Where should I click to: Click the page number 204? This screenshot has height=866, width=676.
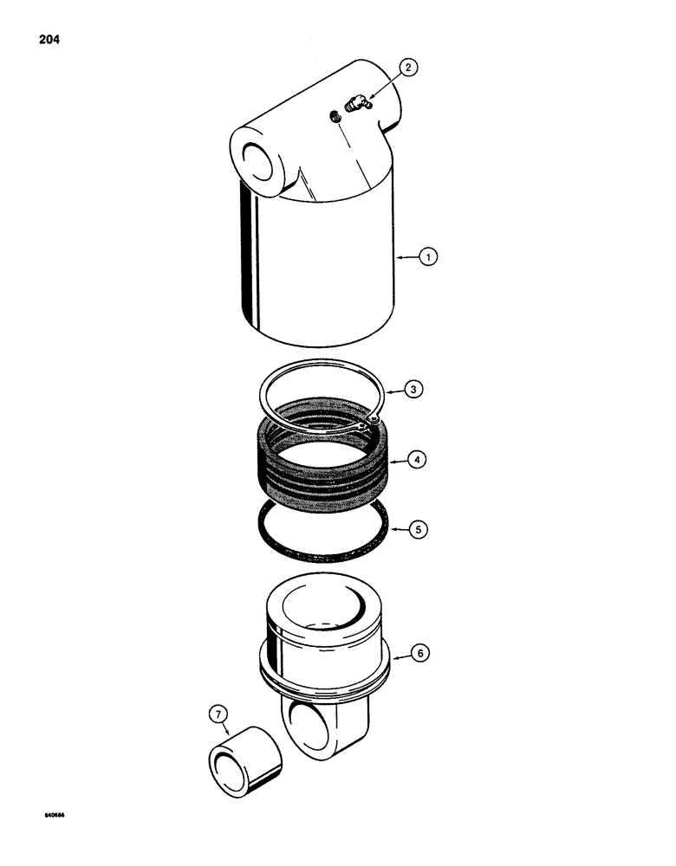pos(49,39)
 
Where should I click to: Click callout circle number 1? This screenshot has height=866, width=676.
pos(426,256)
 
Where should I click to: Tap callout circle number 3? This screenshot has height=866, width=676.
pos(415,391)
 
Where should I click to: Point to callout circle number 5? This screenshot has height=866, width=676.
pos(420,528)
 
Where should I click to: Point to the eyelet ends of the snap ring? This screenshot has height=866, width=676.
pos(367,423)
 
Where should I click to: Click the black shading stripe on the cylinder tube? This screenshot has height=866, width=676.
pos(250,260)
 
